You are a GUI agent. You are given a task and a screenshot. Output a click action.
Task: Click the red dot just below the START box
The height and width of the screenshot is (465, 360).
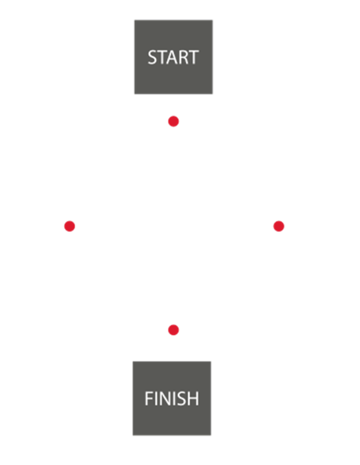(173, 122)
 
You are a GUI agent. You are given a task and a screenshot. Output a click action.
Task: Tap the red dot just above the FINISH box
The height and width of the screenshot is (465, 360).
(173, 330)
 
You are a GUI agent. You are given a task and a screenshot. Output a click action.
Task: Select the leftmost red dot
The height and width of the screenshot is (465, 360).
(70, 227)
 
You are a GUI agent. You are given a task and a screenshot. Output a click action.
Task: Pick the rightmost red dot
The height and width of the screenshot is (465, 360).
(278, 227)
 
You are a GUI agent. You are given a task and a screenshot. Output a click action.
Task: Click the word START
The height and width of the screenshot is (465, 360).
(173, 57)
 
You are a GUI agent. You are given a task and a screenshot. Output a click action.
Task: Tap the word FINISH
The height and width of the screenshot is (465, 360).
(172, 398)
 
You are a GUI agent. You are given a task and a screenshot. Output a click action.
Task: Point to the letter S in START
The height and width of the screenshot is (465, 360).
(152, 57)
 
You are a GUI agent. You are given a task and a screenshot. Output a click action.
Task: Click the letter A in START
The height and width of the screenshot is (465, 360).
(171, 57)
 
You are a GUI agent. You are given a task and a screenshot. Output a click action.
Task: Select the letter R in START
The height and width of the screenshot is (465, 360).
(183, 57)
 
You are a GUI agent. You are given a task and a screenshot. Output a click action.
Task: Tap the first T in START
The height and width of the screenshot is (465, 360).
(161, 57)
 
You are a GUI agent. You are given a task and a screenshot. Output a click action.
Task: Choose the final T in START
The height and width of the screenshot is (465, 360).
(194, 57)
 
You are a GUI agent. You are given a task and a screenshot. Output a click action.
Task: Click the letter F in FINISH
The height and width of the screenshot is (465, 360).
(148, 398)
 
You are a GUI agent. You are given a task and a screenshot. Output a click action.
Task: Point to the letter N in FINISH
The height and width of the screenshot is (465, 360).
(164, 398)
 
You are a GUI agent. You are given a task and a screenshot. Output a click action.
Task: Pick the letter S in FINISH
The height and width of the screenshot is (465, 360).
(181, 398)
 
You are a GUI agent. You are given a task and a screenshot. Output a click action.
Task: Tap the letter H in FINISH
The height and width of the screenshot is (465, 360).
(193, 398)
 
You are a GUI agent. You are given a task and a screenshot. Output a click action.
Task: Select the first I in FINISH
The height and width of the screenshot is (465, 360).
(155, 398)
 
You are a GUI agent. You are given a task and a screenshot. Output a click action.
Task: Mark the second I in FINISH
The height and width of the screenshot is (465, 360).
(173, 398)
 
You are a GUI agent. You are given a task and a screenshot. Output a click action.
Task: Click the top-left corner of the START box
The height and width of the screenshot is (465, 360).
(135, 20)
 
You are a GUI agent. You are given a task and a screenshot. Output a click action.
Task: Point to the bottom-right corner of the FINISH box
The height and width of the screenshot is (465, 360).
(211, 435)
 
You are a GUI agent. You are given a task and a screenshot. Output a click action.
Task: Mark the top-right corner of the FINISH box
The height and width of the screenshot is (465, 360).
(211, 361)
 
